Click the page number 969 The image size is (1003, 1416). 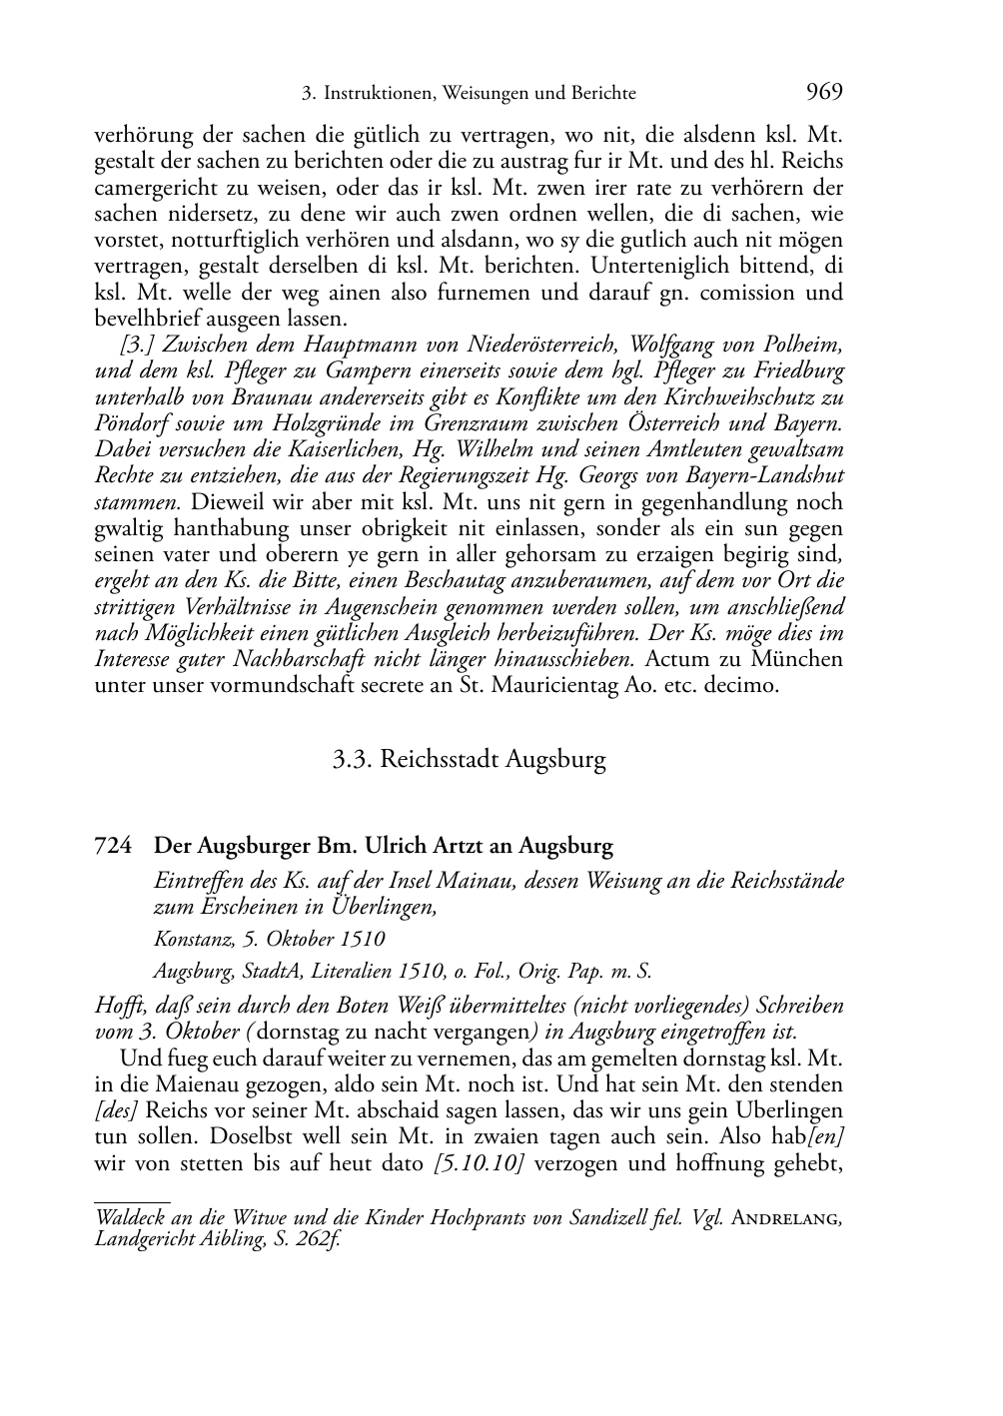[x=823, y=93]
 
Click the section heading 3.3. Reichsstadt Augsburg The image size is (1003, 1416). [x=470, y=759]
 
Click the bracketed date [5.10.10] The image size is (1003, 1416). [x=481, y=1162]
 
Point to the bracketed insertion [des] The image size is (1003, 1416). [x=115, y=1110]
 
